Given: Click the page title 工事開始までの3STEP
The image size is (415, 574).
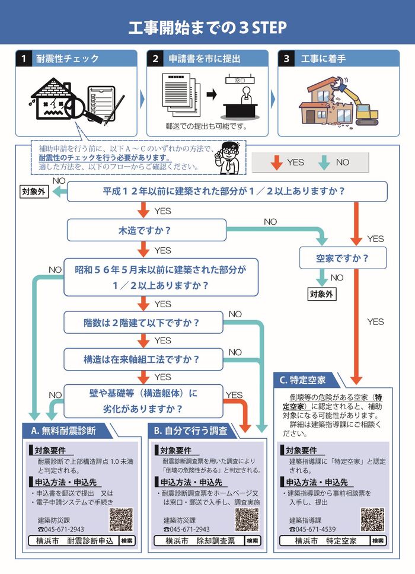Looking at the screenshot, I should click(x=207, y=27).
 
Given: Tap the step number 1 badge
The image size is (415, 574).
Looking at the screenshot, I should click(x=23, y=59).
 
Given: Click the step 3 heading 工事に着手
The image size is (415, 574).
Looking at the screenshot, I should click(x=323, y=59).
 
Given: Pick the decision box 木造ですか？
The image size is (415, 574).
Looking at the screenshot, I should click(x=146, y=230).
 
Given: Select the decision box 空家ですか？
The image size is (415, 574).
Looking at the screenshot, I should click(x=343, y=258).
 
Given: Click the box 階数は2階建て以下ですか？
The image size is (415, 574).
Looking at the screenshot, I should click(x=143, y=323).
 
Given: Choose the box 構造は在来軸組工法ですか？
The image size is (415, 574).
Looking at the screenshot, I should click(x=143, y=359).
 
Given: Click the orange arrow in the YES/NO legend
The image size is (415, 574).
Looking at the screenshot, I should click(x=276, y=162).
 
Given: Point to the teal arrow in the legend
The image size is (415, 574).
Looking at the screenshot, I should click(x=325, y=162).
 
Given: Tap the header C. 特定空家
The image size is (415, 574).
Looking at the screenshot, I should click(x=304, y=380).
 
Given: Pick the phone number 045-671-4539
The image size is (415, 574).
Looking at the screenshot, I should click(x=315, y=529).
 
